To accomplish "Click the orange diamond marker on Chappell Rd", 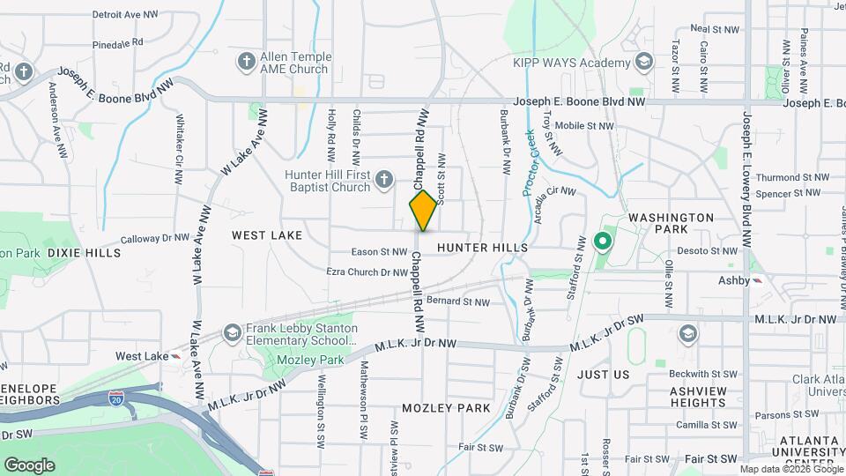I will pos(423,211).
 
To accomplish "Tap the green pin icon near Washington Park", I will pos(604,240).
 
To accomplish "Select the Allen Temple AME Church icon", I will pos(246,62).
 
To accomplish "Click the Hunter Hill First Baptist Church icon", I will pos(382,181).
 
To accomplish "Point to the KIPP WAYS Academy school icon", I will pos(644,62).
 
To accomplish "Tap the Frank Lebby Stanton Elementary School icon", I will pos(232,333).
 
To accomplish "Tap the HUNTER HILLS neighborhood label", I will pos(481,249).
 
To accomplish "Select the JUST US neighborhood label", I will pos(604,375).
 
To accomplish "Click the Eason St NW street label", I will pos(378,252).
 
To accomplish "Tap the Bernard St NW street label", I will pos(457,301).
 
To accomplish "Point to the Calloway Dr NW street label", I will pos(155,238).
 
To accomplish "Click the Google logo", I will pos(29,465).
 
